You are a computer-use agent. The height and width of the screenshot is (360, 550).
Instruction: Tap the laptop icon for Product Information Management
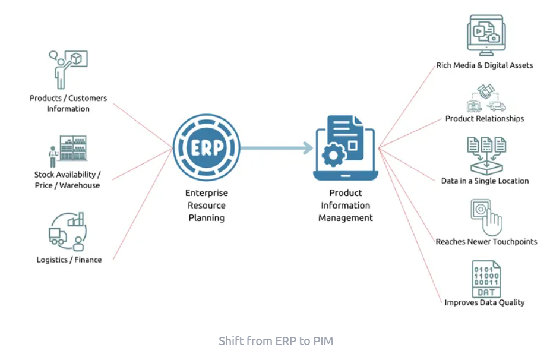[x=345, y=147]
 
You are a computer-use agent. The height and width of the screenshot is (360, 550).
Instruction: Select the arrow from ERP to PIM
[x=277, y=147]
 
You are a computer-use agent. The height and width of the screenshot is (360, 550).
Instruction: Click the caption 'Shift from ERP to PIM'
[x=276, y=341]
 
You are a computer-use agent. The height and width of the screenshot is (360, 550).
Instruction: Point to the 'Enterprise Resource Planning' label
[x=206, y=206]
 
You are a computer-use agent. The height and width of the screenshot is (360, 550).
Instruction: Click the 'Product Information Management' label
[x=345, y=206]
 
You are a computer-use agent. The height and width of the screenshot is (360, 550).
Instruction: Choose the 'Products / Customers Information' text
[x=68, y=103]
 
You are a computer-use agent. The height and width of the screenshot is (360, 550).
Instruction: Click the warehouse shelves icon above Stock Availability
[x=68, y=151]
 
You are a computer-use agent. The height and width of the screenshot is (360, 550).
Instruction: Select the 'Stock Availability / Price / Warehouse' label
[x=67, y=180]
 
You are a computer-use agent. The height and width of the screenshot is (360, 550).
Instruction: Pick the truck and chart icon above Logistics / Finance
[x=67, y=232]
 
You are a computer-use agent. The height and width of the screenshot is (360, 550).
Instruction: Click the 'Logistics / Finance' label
[x=69, y=260]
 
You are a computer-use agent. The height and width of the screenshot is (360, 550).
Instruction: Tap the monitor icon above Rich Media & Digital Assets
[x=485, y=36]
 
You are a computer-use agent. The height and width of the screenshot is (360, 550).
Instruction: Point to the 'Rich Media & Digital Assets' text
[x=485, y=65]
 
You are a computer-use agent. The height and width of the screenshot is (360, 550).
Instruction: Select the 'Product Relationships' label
[x=485, y=119]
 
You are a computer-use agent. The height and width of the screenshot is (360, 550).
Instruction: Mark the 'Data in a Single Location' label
[x=485, y=181]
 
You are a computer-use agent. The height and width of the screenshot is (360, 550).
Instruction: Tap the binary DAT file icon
[x=486, y=279]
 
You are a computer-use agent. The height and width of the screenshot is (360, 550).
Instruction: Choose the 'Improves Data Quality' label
[x=485, y=302]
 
